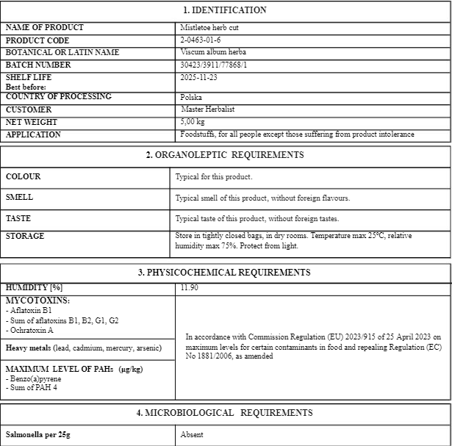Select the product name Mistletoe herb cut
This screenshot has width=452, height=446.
point(209,28)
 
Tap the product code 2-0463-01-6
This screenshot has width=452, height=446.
point(200,40)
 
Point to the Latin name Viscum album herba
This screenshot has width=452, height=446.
point(213,53)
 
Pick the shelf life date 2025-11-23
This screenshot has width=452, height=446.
point(198,77)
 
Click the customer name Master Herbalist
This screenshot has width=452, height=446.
point(208,109)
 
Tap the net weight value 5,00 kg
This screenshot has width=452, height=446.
point(193,122)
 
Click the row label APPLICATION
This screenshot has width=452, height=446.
point(33,135)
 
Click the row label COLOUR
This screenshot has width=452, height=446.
point(23,177)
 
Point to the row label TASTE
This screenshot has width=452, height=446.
point(18,219)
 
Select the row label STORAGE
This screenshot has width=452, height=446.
point(25,237)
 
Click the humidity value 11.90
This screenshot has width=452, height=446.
point(189,287)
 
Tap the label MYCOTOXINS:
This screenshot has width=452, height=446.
point(37,301)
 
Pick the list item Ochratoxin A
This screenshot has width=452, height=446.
point(32,330)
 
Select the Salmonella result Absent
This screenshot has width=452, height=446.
point(193,435)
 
